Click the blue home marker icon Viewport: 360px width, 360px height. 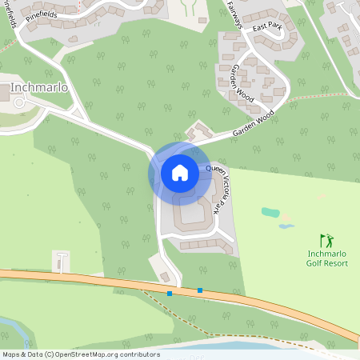180,172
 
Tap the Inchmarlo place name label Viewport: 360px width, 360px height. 38,86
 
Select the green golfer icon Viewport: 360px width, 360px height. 326,240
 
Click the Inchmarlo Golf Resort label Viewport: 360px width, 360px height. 328,259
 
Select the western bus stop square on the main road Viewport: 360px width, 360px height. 170,294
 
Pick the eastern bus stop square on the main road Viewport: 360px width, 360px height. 200,290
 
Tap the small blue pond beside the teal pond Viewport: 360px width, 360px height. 286,226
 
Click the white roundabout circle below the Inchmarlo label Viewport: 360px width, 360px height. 19,103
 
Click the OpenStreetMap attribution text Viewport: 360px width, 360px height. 80,354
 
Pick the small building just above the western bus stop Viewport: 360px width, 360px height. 165,277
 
